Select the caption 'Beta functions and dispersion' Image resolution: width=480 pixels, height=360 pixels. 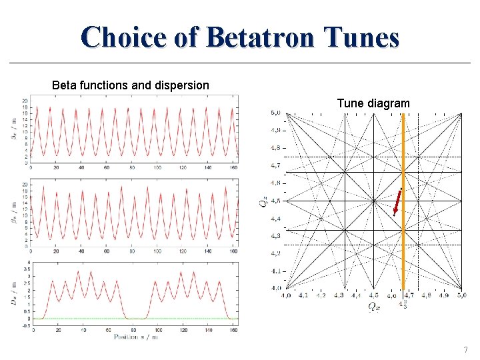(131, 85)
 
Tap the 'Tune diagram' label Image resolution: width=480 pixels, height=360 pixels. (373, 103)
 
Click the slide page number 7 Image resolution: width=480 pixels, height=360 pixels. (465, 350)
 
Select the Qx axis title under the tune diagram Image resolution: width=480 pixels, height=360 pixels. (375, 306)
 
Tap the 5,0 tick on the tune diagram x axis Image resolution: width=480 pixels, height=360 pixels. (461, 295)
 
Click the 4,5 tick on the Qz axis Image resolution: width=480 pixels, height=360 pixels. (275, 201)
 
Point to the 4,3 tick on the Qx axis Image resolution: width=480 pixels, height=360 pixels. (339, 295)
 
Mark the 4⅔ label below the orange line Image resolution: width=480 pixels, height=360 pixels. (403, 305)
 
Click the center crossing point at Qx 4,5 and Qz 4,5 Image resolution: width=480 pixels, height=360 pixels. (374, 201)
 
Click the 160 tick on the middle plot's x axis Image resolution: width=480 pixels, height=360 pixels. (233, 252)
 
